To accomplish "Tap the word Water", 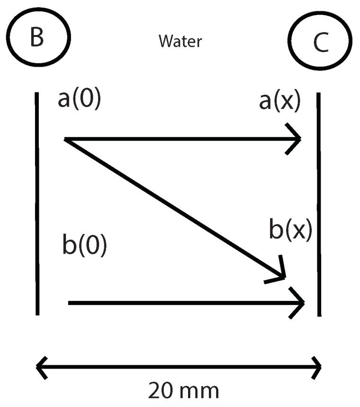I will [x=180, y=41].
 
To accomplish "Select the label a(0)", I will [x=79, y=100].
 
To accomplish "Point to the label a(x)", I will [x=279, y=102].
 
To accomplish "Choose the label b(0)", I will [x=85, y=245].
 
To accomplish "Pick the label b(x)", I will [x=290, y=230].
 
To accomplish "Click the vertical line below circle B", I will [x=37, y=204].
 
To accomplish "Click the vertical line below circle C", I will [x=319, y=204].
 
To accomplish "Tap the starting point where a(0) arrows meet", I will [x=66, y=139].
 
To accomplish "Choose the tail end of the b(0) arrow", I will [x=70, y=302].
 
